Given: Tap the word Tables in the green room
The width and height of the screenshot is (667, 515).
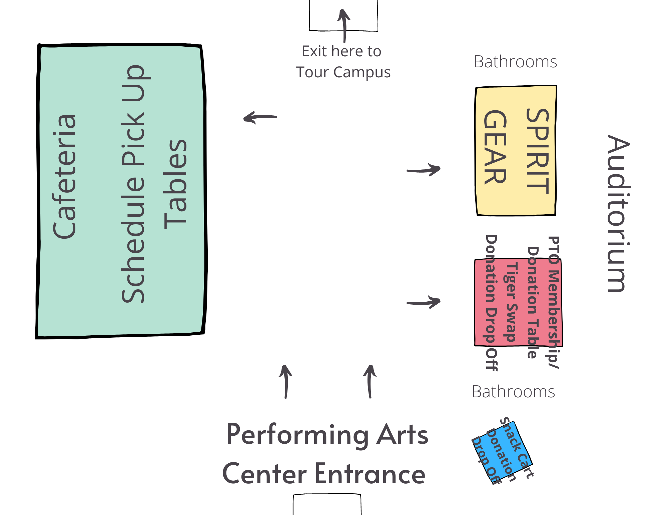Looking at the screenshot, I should click(x=175, y=184).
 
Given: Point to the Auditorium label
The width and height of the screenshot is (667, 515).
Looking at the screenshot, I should click(x=618, y=213).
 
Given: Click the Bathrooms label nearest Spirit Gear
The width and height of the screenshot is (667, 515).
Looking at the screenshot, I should click(x=515, y=62).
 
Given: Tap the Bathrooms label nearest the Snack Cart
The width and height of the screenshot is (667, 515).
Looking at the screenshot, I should click(x=513, y=392).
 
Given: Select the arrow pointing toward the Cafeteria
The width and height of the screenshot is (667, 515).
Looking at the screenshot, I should click(x=260, y=117).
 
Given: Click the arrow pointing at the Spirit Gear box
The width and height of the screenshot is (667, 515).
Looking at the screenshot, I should click(x=424, y=170).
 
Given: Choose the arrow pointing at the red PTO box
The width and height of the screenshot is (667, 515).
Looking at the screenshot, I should click(x=424, y=302).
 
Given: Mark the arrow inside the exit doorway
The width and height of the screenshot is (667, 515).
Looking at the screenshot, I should click(x=344, y=25).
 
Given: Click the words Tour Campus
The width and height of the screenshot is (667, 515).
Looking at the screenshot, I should click(x=343, y=72).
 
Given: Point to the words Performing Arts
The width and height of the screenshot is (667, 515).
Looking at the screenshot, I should click(x=327, y=435).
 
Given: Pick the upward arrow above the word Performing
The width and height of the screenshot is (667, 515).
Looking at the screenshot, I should click(x=285, y=381).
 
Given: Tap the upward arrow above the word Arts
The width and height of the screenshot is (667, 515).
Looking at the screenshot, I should click(x=370, y=381).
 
